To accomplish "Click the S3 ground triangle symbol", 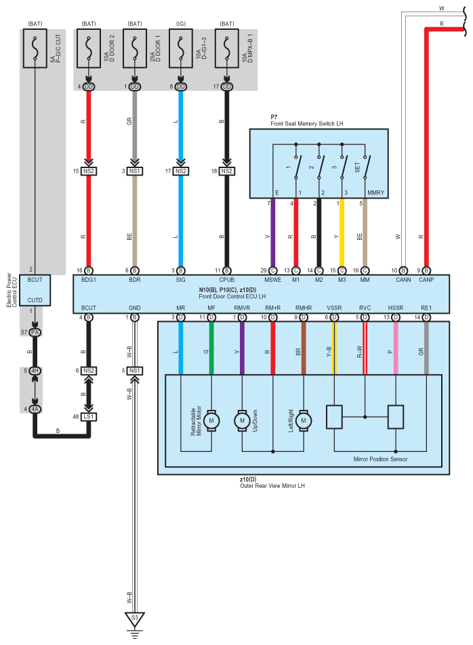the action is tap(134, 619).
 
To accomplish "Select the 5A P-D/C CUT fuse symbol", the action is tap(35, 48).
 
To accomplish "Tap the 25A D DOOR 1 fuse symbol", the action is tap(134, 48).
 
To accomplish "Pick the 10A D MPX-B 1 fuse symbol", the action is tap(226, 48).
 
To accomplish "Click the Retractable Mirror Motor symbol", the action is tap(211, 420).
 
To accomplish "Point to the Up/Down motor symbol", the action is tap(242, 420).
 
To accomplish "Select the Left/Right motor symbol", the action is tap(304, 420).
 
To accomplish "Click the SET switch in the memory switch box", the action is tap(365, 167).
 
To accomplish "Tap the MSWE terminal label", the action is tap(272, 280).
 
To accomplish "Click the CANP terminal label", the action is tap(426, 280).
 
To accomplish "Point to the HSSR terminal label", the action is tap(395, 308).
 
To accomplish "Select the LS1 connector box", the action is tap(88, 417).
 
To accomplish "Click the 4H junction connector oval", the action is tap(35, 371).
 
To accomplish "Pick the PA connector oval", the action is tap(35, 333).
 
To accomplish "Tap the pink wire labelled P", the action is tap(396, 348).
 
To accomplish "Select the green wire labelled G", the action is tap(211, 348).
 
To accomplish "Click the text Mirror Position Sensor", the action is tap(380, 459).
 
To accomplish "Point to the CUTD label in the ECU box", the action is tap(35, 300).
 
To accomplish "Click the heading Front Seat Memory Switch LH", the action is tap(307, 123).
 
